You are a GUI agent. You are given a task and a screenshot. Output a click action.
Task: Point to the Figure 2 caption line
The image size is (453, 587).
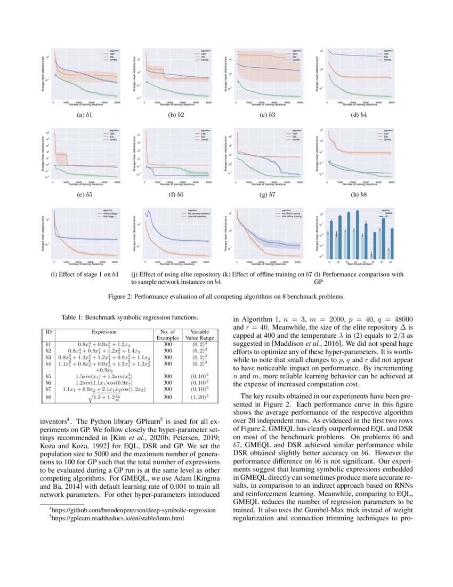click(226, 296)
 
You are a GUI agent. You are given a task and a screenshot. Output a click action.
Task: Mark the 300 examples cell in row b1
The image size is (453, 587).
click(167, 345)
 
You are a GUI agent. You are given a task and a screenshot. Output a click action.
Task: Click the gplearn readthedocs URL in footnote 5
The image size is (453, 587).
click(117, 518)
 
